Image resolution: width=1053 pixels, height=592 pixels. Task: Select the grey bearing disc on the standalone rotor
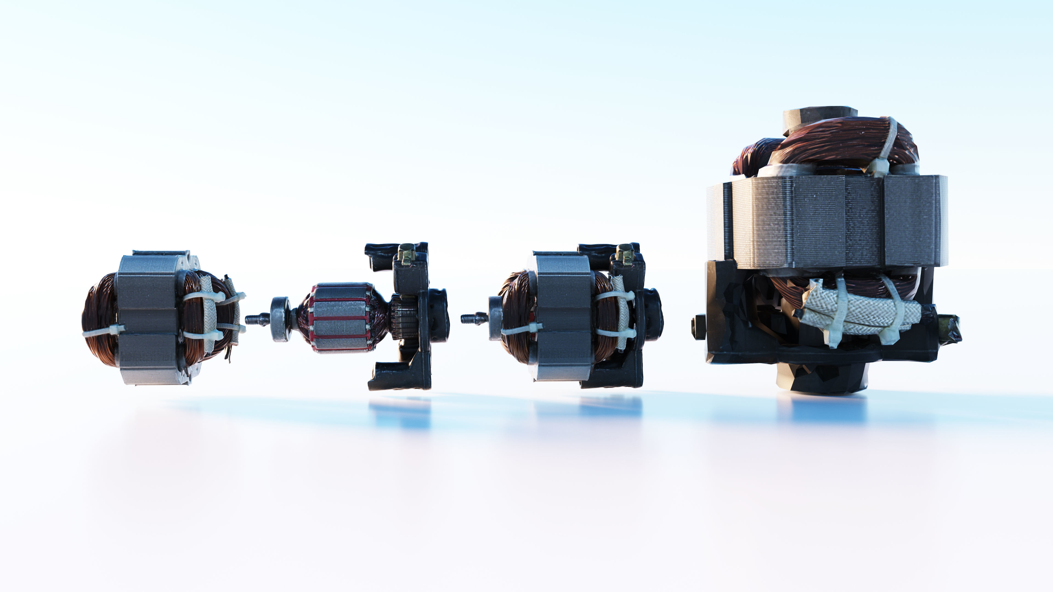coord(281,319)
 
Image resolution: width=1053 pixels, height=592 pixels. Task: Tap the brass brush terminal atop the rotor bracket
coord(407,254)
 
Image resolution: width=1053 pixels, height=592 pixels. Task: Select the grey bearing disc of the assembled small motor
coord(495,318)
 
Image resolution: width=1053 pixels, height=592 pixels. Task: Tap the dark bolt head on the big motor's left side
coord(698,327)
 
